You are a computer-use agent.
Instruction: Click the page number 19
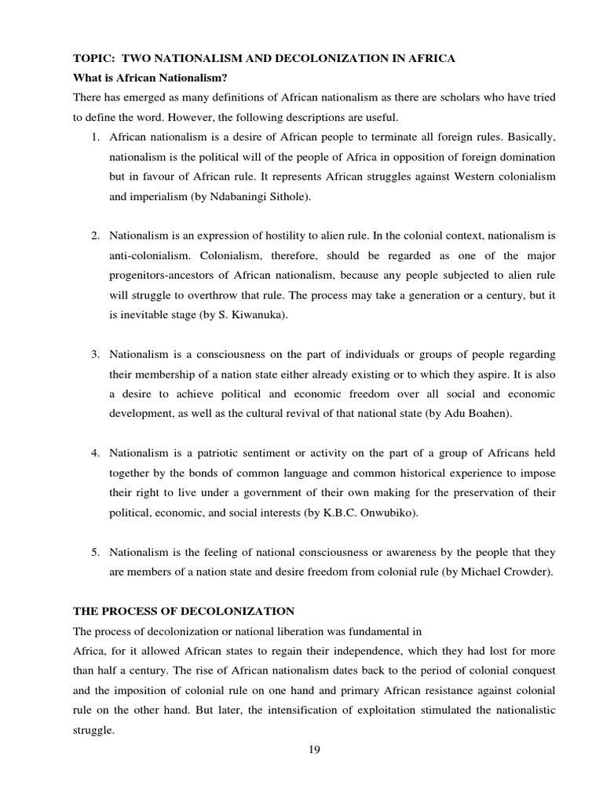tap(314, 748)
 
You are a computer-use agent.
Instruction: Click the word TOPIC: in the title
tap(93, 59)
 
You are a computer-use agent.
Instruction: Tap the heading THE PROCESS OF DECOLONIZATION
tap(184, 610)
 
